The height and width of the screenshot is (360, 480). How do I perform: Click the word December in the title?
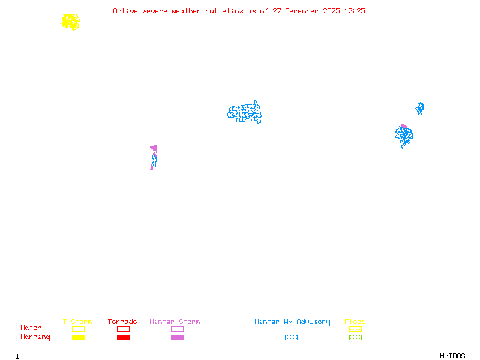(302, 11)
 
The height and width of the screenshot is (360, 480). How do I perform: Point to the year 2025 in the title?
(331, 11)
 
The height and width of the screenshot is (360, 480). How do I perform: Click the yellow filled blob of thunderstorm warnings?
(71, 22)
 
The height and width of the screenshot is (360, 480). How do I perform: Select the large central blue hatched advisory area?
(245, 113)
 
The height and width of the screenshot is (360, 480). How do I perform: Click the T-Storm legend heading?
(77, 322)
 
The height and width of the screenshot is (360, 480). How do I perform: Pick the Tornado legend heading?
(122, 322)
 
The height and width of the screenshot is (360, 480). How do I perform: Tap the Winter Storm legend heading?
(175, 322)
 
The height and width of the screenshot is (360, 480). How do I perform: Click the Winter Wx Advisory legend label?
(292, 322)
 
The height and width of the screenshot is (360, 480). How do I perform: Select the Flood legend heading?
(355, 322)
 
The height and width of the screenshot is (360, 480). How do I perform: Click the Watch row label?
(31, 328)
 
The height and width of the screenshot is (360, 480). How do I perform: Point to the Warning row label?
(35, 337)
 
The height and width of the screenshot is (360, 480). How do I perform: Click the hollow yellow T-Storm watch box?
(79, 329)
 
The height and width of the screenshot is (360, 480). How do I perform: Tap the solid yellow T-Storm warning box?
(79, 337)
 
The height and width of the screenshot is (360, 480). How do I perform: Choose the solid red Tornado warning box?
(124, 337)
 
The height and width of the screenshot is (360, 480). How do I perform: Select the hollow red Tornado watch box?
(124, 329)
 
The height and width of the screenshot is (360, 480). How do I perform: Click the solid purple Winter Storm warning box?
(177, 337)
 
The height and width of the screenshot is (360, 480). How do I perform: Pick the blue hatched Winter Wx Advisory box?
(291, 337)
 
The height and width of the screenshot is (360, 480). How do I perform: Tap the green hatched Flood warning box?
(355, 337)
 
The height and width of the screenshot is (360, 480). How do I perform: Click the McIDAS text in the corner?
(452, 356)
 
